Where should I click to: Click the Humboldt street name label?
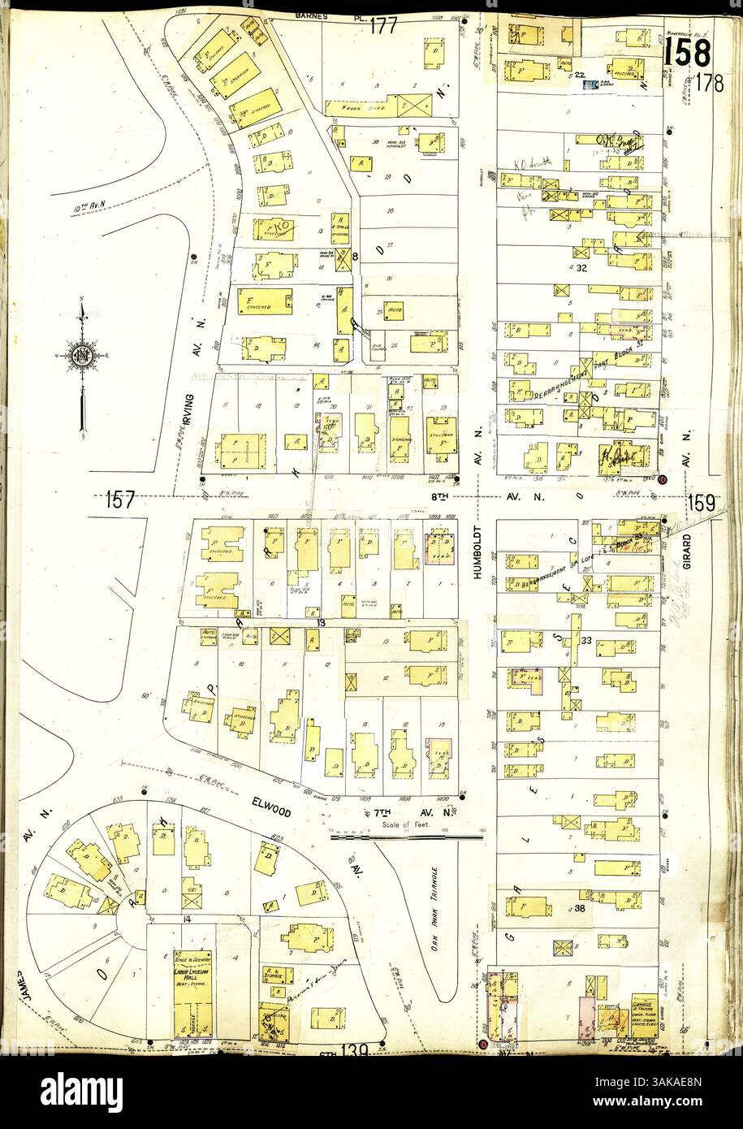pyautogui.click(x=477, y=553)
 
